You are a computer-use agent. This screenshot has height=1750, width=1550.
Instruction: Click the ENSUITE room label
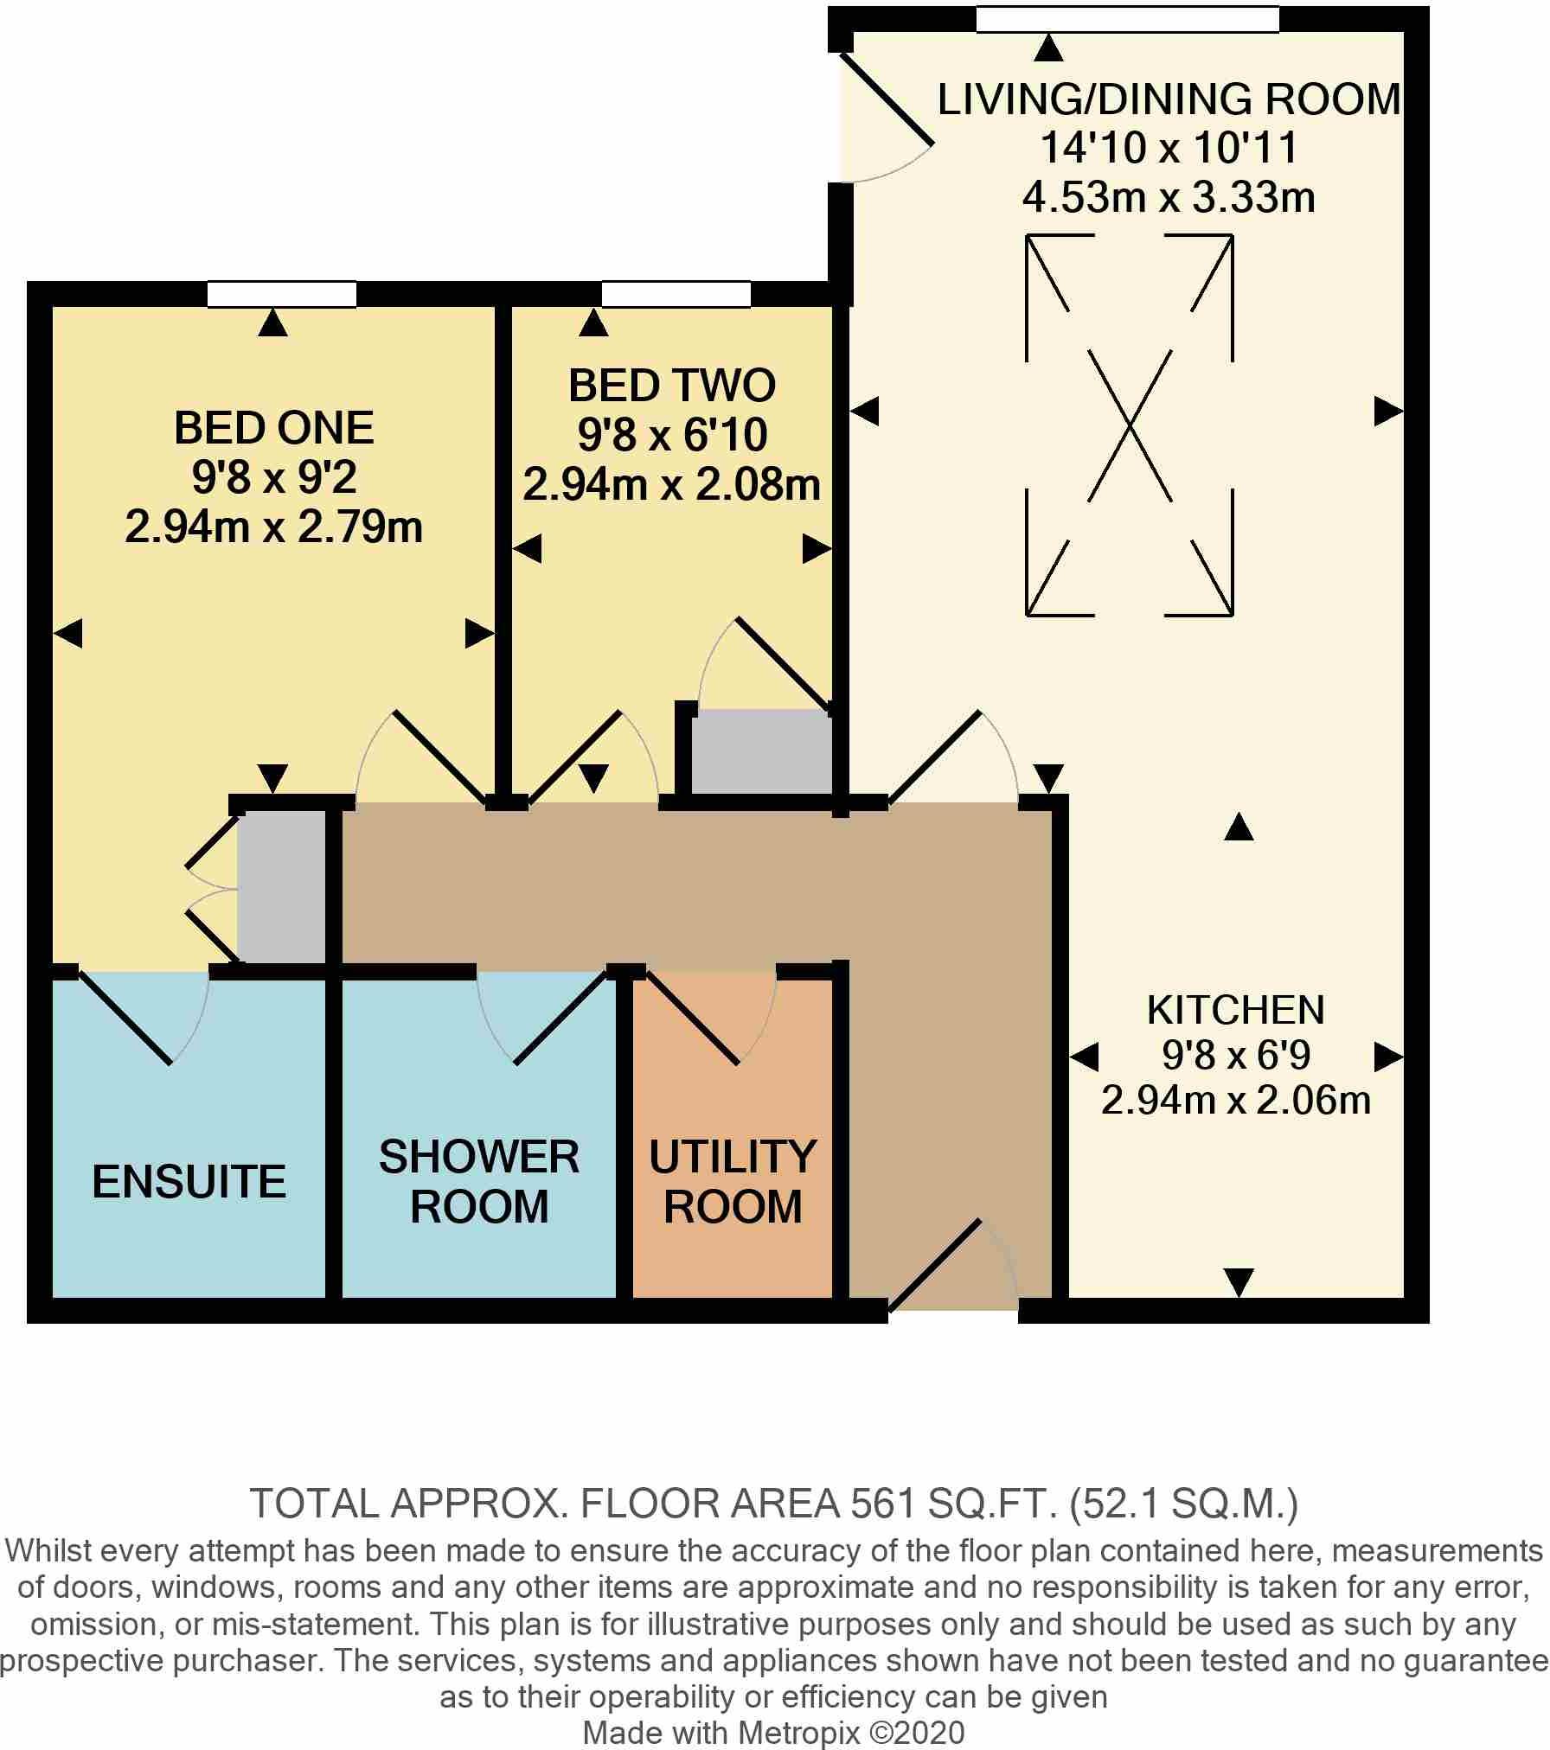(x=189, y=1181)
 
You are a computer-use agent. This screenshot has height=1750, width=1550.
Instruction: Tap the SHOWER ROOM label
(x=479, y=1181)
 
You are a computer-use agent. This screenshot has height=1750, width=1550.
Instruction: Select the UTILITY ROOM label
(x=733, y=1181)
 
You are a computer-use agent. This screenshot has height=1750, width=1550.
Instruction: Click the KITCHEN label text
(x=1235, y=1010)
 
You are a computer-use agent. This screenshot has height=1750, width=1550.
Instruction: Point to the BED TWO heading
(x=672, y=386)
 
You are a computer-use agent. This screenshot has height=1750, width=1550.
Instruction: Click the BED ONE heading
(x=274, y=427)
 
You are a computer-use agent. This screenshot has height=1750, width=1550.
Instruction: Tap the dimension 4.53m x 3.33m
(x=1169, y=198)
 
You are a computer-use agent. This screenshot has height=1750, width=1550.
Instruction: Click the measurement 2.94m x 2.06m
(x=1235, y=1101)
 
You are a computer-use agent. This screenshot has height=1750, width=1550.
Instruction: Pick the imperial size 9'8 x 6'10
(x=672, y=435)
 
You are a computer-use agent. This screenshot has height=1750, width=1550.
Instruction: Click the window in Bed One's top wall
(x=282, y=294)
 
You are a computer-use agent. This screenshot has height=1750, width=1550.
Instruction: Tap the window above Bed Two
(x=676, y=294)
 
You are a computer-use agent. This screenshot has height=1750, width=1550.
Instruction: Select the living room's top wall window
(x=1127, y=19)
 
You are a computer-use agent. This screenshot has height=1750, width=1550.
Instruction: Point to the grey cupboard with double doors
(x=280, y=887)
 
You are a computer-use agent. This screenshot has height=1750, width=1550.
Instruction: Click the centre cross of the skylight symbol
(x=1130, y=425)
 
